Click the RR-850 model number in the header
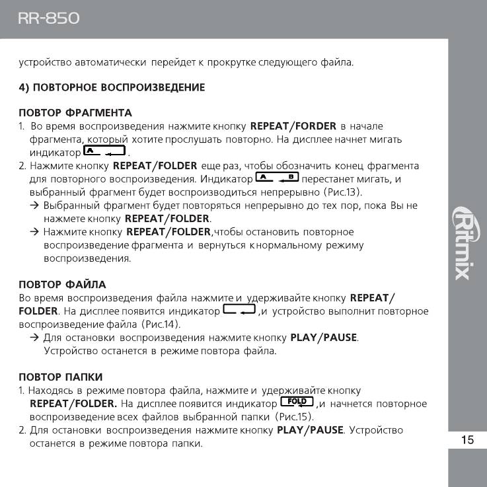[48, 19]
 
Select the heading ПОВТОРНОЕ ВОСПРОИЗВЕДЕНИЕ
[112, 87]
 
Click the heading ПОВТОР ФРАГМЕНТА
[75, 113]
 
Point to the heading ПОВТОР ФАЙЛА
[62, 285]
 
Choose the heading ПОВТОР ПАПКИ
[60, 377]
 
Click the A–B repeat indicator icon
[277, 178]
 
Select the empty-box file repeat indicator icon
[239, 310]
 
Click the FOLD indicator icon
[297, 402]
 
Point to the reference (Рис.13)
[342, 192]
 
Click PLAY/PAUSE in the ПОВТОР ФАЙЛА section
[324, 338]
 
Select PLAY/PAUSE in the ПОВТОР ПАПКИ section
[310, 430]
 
